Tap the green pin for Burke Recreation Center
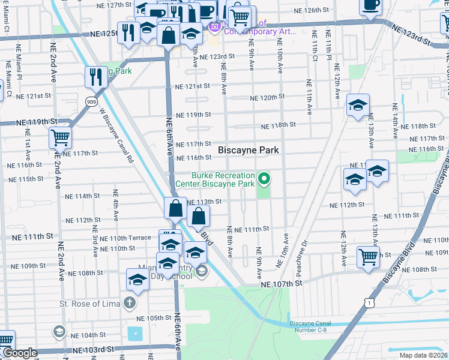(x=264, y=178)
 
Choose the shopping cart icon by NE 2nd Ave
(x=60, y=137)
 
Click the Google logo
(x=20, y=353)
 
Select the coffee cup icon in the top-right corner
(x=370, y=5)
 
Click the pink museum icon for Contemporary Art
(x=214, y=27)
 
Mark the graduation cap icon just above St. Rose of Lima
(x=137, y=280)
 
